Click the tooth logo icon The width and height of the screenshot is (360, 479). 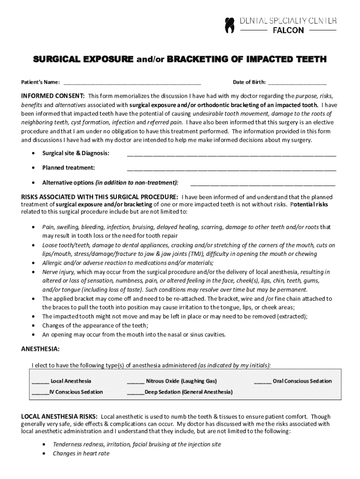pos(229,25)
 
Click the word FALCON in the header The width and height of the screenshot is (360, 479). pos(288,30)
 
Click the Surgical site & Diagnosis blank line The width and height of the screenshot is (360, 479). pos(231,153)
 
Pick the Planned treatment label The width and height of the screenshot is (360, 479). pos(68,167)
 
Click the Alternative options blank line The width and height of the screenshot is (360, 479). pos(263,182)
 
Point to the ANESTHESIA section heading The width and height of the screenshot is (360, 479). pos(40,349)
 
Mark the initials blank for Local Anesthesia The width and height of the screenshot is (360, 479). pos(40,381)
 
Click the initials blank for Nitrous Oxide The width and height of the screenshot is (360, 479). pos(136,381)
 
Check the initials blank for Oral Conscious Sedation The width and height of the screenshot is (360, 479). pos(262,381)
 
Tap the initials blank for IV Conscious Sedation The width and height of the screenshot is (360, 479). pos(40,392)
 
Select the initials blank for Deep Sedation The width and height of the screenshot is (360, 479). pos(136,392)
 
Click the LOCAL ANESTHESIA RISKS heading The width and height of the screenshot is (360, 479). pos(59,416)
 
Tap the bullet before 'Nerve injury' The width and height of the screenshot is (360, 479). pos(33,272)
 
